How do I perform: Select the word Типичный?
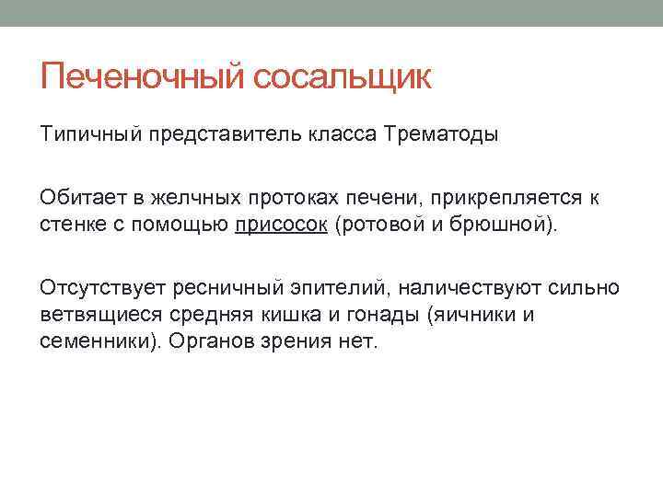click(87, 135)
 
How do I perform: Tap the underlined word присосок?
click(281, 225)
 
